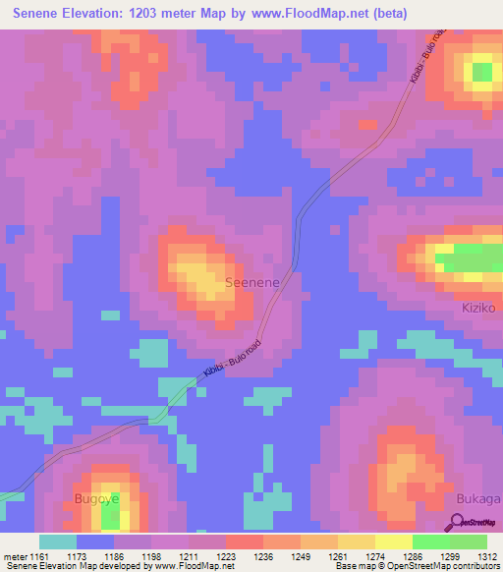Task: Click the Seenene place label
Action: (252, 282)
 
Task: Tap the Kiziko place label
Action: (480, 308)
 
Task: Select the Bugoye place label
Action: (96, 499)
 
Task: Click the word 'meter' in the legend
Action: (16, 555)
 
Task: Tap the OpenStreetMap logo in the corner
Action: (476, 524)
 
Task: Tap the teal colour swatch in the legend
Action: (57, 542)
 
